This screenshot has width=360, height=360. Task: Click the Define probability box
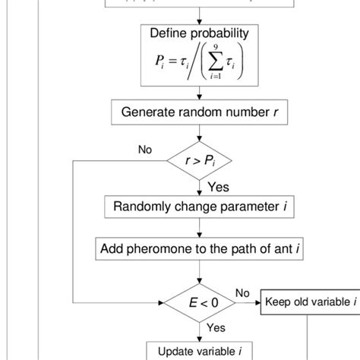[x=200, y=56]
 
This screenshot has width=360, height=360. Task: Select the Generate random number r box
[x=200, y=112]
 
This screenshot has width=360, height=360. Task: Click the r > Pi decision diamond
[x=200, y=162]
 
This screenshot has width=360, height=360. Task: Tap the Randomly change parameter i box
[x=200, y=206]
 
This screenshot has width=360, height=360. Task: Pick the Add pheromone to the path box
[x=200, y=248]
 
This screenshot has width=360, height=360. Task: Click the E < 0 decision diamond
[x=200, y=302]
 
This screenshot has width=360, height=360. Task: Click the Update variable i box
[x=200, y=351]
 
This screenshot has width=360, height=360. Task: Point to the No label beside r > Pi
[x=145, y=150]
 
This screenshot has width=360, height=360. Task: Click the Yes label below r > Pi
[x=218, y=187]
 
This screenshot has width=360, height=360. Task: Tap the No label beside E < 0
[x=242, y=292]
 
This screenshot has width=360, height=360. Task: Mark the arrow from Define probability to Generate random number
[x=200, y=93]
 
